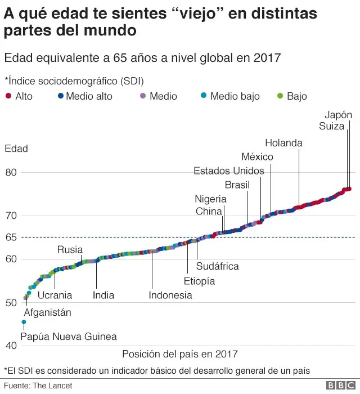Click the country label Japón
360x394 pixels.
(338, 115)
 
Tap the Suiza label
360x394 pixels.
(331, 126)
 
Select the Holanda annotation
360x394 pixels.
(283, 143)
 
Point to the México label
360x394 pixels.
(257, 156)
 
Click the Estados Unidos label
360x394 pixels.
(228, 171)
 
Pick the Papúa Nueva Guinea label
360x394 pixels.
(69, 337)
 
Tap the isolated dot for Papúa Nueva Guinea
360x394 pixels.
(24, 322)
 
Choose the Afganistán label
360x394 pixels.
(48, 312)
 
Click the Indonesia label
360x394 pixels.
(170, 295)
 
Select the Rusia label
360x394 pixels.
(70, 249)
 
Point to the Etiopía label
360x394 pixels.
(200, 281)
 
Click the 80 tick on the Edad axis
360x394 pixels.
(12, 172)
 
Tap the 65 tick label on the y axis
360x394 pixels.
(12, 238)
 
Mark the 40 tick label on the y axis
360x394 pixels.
(12, 346)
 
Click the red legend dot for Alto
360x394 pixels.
(8, 96)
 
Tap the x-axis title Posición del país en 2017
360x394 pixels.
(179, 354)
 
